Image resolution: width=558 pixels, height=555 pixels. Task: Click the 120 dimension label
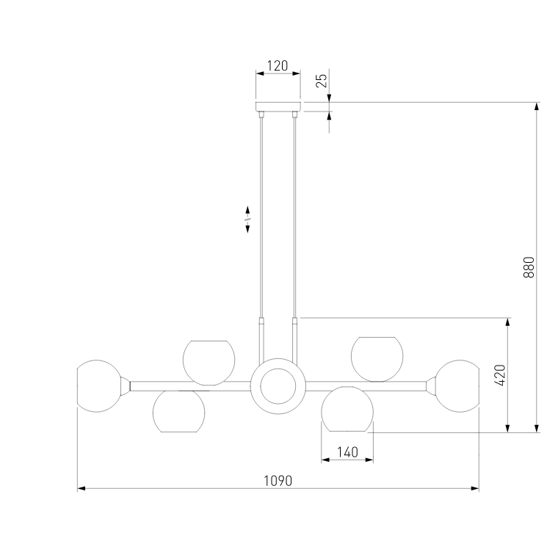[x=277, y=66]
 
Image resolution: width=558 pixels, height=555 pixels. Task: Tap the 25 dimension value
[x=322, y=80]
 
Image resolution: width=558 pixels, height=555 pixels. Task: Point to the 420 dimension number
[x=500, y=375]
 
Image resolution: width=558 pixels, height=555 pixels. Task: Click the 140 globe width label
[x=347, y=452]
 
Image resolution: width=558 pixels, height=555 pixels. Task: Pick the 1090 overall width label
[x=278, y=481]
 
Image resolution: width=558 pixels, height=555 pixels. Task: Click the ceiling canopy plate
[x=278, y=106]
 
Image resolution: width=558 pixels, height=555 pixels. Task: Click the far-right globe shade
[x=457, y=385]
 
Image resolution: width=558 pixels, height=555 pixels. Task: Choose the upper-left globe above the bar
[x=209, y=361]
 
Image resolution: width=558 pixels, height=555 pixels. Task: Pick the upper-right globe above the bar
[x=377, y=358]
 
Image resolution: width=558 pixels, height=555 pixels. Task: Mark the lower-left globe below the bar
[x=179, y=410]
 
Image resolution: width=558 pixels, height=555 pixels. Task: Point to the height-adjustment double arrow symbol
[x=248, y=219]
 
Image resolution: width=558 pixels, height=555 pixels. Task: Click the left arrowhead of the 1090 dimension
[x=81, y=487]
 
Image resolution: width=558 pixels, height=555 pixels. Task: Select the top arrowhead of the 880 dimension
[x=537, y=106]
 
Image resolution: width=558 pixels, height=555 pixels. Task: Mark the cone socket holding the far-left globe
[x=126, y=385]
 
